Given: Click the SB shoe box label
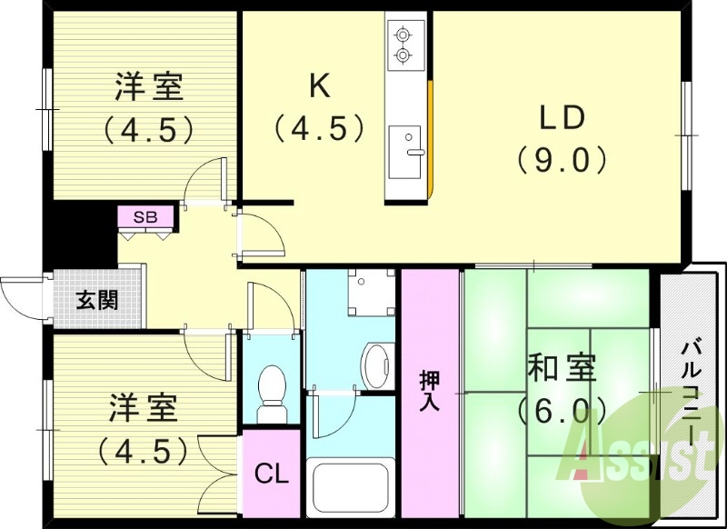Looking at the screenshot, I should pyautogui.click(x=144, y=217).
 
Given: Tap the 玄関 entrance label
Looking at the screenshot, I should pyautogui.click(x=95, y=300).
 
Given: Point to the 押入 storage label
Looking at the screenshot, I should pyautogui.click(x=430, y=391).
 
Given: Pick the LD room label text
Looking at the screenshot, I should pyautogui.click(x=563, y=118).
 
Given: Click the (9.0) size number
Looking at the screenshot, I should pyautogui.click(x=562, y=160).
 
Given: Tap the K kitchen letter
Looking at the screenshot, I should pyautogui.click(x=319, y=85).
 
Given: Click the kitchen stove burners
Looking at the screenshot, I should pyautogui.click(x=402, y=46).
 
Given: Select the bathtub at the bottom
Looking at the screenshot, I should pyautogui.click(x=351, y=489).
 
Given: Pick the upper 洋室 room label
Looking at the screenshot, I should pyautogui.click(x=149, y=88).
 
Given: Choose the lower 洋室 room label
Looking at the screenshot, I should pyautogui.click(x=145, y=406).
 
